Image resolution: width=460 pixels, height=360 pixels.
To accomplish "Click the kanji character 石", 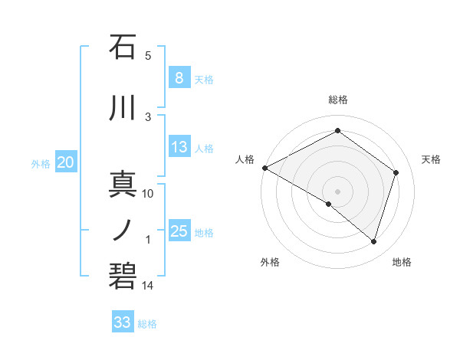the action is tap(123, 47).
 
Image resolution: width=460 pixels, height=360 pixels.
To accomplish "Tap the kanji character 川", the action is tap(123, 110).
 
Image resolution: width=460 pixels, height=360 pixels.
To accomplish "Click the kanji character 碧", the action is tap(123, 274).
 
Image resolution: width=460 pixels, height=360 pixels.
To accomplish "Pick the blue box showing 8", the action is tap(179, 78).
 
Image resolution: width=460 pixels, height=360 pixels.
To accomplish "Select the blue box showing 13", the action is tap(179, 147).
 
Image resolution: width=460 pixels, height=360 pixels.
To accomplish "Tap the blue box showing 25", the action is tap(179, 231).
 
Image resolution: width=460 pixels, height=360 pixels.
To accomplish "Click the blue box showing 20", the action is tap(66, 162).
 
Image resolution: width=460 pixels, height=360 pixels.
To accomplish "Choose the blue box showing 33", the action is tap(123, 322).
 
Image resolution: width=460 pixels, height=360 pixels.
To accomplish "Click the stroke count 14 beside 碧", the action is tap(148, 286).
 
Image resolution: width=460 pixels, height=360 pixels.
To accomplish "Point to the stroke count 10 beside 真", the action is tap(148, 194).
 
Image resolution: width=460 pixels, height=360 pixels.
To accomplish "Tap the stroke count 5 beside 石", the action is tap(148, 55).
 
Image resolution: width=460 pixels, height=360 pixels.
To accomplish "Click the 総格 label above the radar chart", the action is tap(337, 100).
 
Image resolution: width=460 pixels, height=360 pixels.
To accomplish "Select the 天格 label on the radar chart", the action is tap(431, 159).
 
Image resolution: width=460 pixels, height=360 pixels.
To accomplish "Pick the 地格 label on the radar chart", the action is tap(402, 262).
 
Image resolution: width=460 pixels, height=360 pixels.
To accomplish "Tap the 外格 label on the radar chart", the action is tap(270, 262).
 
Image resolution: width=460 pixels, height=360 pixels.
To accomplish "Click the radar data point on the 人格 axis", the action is tap(264, 167).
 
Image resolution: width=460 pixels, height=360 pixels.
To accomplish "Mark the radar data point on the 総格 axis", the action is tap(337, 131).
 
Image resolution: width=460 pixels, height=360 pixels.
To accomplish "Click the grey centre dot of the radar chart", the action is tap(337, 191).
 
